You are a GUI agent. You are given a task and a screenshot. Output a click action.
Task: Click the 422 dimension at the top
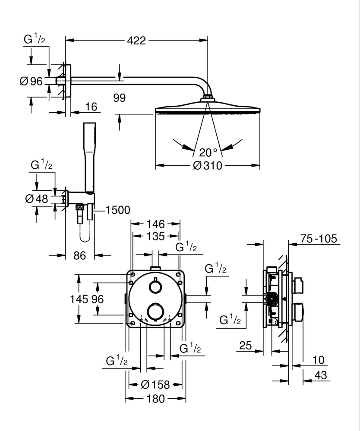click(x=136, y=41)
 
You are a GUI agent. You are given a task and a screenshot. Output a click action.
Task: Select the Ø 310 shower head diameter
click(x=207, y=165)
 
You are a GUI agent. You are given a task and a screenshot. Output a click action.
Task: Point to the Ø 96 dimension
click(x=31, y=81)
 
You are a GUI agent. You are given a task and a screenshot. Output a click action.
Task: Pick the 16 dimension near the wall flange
click(x=91, y=106)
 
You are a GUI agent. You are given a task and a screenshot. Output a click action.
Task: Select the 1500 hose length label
click(x=118, y=210)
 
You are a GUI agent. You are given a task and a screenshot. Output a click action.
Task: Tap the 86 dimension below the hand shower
click(x=79, y=255)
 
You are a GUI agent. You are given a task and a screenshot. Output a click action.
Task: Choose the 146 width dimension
click(x=155, y=224)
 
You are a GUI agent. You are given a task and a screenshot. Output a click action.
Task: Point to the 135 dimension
click(x=155, y=236)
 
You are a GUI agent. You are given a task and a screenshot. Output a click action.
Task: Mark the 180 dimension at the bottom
click(x=155, y=399)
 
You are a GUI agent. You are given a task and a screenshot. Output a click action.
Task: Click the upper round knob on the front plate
click(x=155, y=286)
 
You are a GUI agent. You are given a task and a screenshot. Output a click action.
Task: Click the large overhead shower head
click(x=207, y=107)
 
